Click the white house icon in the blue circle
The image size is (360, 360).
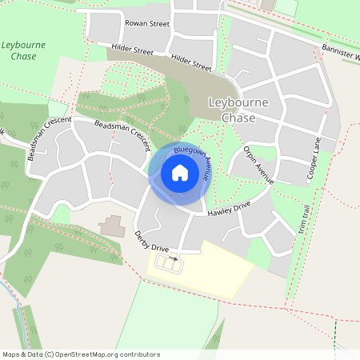(180, 173)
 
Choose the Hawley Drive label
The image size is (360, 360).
(229, 211)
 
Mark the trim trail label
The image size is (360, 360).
(303, 217)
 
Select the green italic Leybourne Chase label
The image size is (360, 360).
(24, 53)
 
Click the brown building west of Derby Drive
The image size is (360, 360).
(112, 226)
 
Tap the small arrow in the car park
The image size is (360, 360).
(175, 259)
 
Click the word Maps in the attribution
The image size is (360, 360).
(11, 354)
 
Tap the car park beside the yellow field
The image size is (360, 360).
(166, 262)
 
